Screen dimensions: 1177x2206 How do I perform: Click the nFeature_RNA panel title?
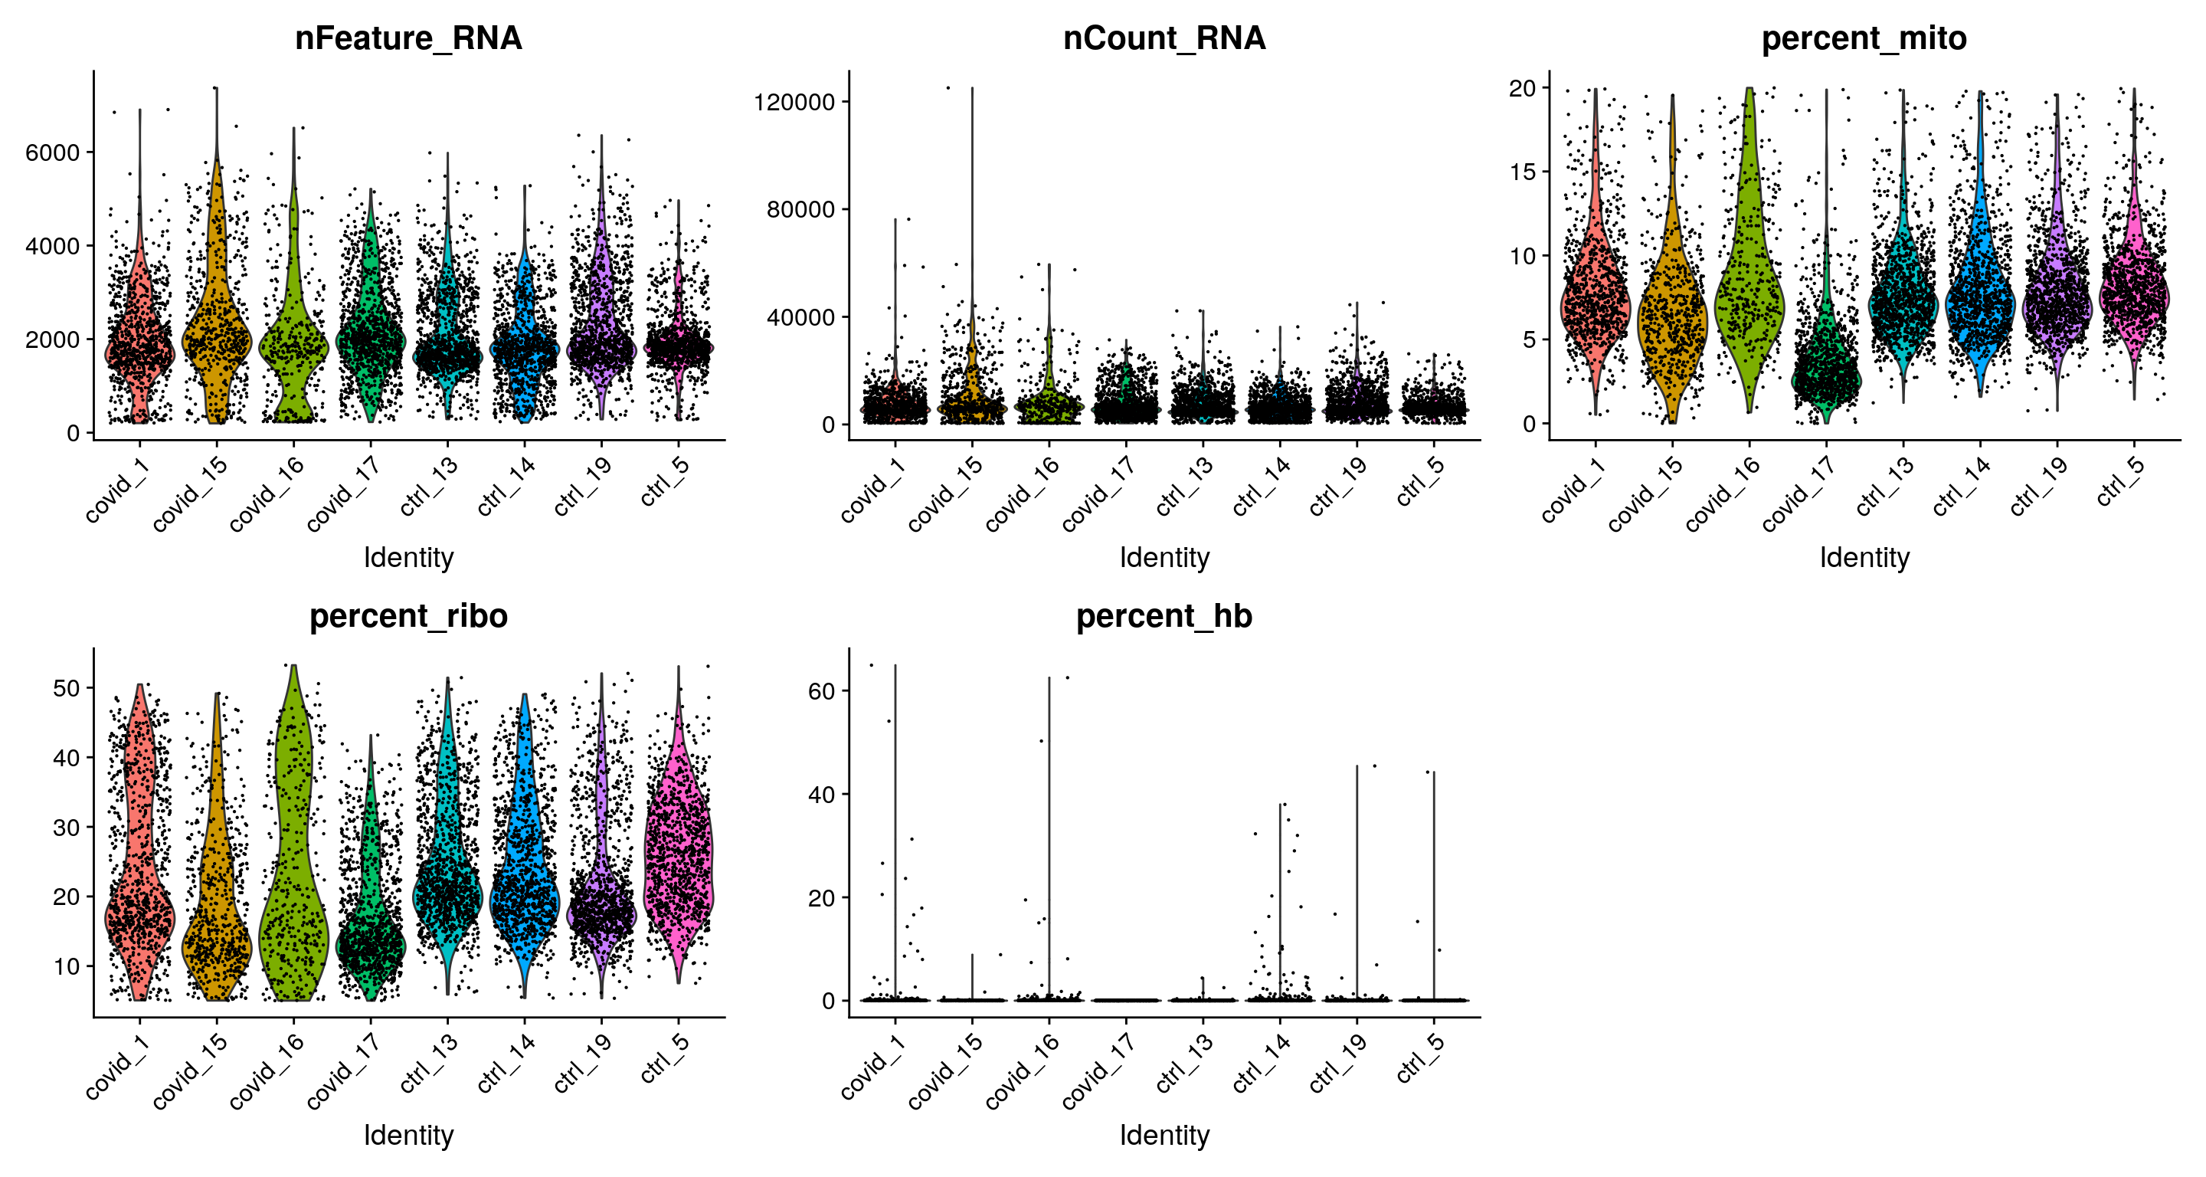(407, 38)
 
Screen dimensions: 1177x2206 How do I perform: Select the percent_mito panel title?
(1864, 38)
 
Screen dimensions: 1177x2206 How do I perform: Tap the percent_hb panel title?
(1164, 616)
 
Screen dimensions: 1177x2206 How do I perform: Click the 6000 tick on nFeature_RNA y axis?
(52, 152)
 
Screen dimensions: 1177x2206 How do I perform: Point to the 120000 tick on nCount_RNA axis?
(794, 102)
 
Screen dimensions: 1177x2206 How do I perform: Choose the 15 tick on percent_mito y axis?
(1524, 172)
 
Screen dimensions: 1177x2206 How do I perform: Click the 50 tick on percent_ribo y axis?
(66, 688)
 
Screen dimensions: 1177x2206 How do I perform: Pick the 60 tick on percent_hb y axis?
(821, 690)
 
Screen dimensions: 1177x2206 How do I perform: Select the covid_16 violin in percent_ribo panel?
(293, 857)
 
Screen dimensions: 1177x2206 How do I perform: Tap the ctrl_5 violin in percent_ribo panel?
(678, 857)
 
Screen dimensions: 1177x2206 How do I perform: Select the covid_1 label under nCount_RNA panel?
(869, 490)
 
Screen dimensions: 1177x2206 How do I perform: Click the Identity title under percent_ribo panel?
(408, 1135)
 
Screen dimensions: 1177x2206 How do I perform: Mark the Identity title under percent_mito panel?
(1864, 558)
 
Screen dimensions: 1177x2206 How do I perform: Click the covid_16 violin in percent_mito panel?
(1749, 283)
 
